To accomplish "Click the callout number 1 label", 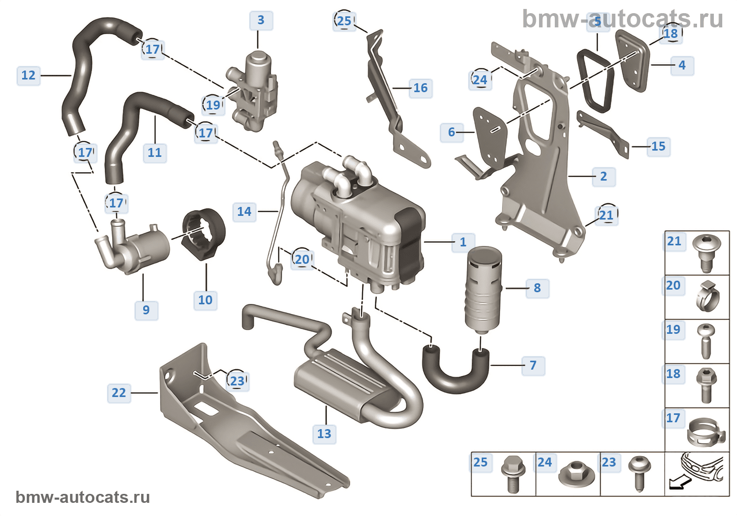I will point(463,242).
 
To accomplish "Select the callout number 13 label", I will point(324,434).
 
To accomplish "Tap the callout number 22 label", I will point(119,393).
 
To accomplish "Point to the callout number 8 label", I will point(537,288).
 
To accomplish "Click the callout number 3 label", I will point(261,21).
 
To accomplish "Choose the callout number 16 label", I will point(420,88).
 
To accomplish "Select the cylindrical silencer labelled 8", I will point(483,290).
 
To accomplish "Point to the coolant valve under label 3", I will point(253,90).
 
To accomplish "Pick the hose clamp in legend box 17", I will point(705,431).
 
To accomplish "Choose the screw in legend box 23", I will point(639,472).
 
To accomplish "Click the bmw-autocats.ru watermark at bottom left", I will point(83,497).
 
